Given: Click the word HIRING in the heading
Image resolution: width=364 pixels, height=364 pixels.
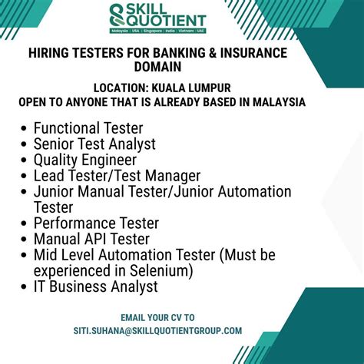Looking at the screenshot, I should click(51, 53).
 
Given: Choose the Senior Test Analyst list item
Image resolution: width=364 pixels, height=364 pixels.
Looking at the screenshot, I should click(94, 144).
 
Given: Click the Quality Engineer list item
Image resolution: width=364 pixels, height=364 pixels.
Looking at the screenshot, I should click(85, 160).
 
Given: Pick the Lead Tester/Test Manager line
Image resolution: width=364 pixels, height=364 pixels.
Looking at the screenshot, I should click(117, 176).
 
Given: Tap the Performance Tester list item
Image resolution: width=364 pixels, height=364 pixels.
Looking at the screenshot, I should click(96, 223).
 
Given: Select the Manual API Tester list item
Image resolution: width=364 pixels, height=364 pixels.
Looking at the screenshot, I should click(91, 239).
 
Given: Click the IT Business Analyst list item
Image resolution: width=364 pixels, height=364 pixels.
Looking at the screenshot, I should click(95, 286).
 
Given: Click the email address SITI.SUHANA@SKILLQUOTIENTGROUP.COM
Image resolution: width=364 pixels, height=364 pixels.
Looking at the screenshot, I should click(157, 330).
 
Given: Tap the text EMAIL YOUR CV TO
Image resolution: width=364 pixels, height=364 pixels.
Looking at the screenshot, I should click(157, 317).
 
